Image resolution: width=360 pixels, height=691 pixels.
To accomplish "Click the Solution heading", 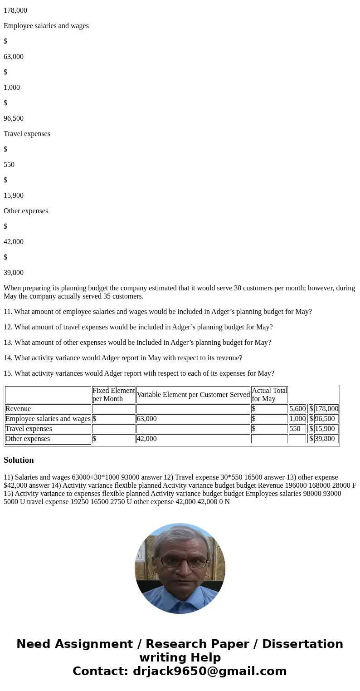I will [x=19, y=460].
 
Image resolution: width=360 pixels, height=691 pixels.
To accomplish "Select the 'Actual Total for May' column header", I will [x=269, y=394].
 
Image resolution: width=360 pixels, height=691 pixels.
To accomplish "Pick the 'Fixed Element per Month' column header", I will [x=113, y=394].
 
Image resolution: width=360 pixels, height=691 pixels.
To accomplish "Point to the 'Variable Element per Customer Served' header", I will [x=193, y=395].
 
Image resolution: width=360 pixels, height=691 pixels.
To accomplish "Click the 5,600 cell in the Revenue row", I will [x=297, y=409].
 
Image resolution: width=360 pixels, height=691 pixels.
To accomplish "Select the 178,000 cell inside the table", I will [x=326, y=409].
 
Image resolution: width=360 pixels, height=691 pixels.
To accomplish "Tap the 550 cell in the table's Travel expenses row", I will [x=295, y=429].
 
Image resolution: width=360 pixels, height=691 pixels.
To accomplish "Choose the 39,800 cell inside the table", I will [x=325, y=439].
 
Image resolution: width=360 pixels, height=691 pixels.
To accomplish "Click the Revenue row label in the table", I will [x=18, y=409].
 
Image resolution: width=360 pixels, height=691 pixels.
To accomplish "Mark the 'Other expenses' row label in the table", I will [x=28, y=439].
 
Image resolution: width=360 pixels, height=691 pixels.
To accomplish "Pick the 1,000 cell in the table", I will [x=297, y=419].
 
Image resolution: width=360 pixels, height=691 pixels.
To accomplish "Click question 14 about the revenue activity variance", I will [x=123, y=358].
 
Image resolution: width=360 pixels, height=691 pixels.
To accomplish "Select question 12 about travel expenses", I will [x=138, y=327].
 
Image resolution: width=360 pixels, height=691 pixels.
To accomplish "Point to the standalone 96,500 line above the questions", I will [x=14, y=118].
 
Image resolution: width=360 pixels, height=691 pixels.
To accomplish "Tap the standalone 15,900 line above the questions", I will [x=14, y=196].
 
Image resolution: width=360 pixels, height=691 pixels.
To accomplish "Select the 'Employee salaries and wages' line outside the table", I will [x=46, y=26].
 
